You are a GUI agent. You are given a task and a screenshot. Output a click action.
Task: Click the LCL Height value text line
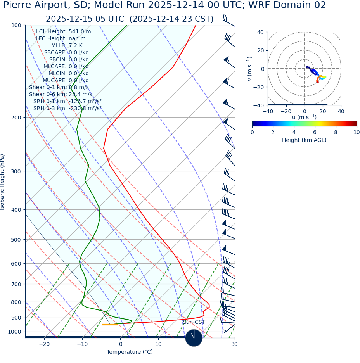click(x=63, y=32)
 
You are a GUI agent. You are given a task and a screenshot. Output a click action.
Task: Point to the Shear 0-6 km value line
click(x=61, y=95)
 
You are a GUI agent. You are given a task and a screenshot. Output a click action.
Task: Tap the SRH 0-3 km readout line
click(x=67, y=109)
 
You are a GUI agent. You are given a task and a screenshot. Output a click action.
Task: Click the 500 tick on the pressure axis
click(x=16, y=240)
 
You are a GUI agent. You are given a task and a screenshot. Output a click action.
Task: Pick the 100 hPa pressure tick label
click(x=16, y=25)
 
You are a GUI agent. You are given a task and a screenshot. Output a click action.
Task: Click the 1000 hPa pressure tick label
click(x=15, y=332)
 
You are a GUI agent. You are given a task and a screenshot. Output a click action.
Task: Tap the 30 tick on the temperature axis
click(x=234, y=344)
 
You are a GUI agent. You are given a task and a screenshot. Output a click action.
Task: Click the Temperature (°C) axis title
click(x=130, y=352)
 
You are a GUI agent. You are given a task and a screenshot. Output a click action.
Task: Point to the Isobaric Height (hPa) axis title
click(x=3, y=182)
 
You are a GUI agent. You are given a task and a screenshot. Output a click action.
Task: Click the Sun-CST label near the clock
click(x=194, y=322)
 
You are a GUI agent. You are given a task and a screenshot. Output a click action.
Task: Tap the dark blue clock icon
click(x=194, y=338)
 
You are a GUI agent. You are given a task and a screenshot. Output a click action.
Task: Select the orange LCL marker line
click(x=110, y=325)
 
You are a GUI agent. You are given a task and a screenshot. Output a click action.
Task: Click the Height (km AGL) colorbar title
click(x=304, y=140)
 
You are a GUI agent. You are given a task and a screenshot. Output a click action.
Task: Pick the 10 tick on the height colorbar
click(x=356, y=133)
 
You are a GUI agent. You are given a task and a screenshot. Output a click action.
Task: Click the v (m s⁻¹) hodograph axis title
click(x=250, y=69)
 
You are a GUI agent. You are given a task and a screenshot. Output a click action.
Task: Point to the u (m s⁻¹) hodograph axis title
click(x=304, y=117)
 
